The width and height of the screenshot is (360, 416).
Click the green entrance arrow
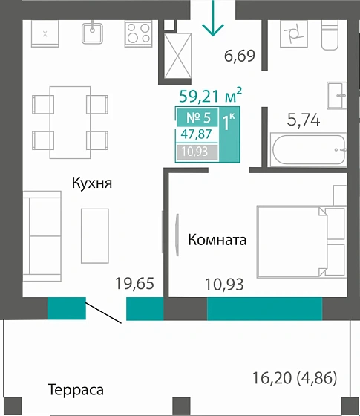213,19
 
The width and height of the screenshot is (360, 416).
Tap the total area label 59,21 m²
211,95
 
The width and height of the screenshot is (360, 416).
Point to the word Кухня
91,183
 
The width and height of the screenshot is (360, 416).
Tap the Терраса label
75,390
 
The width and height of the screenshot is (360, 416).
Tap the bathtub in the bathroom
309,151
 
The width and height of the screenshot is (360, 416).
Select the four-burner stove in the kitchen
138,32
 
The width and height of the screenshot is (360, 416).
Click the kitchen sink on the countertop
94,32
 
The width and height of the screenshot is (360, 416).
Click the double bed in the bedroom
301,241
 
